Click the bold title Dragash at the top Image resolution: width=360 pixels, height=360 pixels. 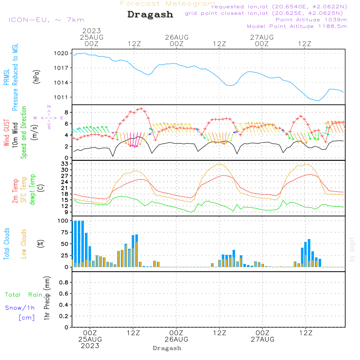click(150, 15)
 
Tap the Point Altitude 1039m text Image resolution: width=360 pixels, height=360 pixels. click(311, 19)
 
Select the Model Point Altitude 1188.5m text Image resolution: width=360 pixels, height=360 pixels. click(297, 26)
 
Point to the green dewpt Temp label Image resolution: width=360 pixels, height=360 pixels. click(33, 190)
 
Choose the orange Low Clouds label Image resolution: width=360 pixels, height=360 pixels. click(24, 244)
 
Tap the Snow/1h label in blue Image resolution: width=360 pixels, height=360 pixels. click(20, 308)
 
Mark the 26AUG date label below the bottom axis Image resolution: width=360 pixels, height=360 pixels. click(176, 339)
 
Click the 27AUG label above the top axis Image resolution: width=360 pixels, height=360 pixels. click(262, 37)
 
